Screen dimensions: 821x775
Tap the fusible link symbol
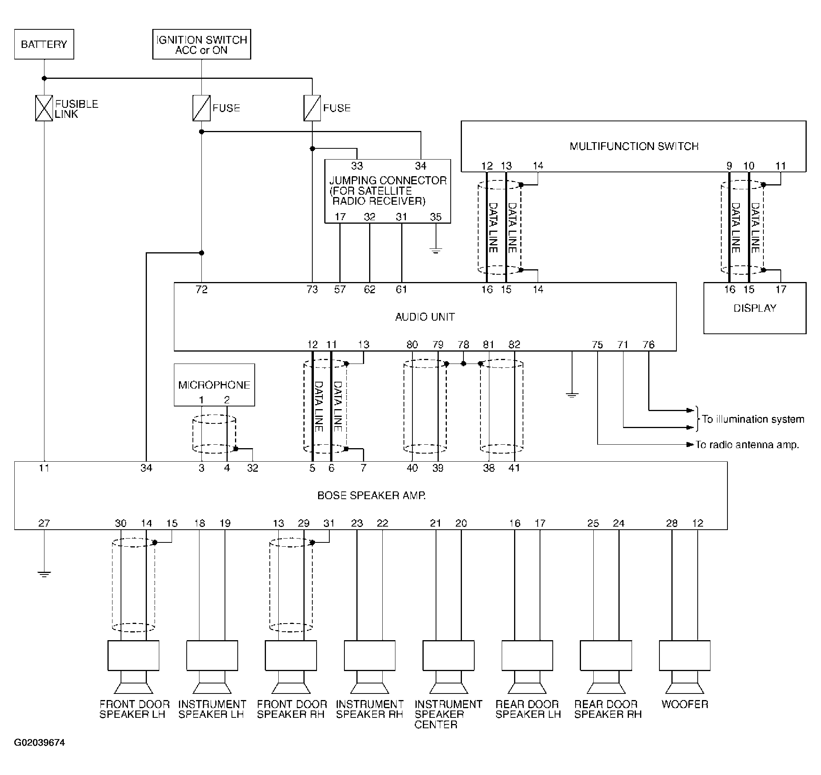(44, 108)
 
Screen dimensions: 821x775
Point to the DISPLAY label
(755, 308)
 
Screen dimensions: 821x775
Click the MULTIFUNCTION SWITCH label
(634, 146)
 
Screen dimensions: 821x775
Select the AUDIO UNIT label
(425, 317)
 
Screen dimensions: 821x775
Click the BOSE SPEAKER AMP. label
(371, 495)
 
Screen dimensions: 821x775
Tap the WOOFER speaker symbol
(685, 667)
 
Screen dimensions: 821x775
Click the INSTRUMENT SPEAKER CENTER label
(448, 714)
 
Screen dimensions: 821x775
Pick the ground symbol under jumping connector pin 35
(436, 250)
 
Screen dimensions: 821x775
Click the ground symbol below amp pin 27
(44, 574)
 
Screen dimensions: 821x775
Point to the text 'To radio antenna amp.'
(748, 445)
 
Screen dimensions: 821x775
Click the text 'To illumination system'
(753, 419)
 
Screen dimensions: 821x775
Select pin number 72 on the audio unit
(202, 290)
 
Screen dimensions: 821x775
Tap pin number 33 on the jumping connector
(357, 166)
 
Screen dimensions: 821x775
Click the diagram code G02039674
(40, 743)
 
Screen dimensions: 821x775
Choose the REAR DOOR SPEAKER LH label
(528, 709)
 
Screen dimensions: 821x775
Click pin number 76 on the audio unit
(649, 345)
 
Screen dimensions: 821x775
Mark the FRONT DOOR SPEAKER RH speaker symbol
(291, 667)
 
